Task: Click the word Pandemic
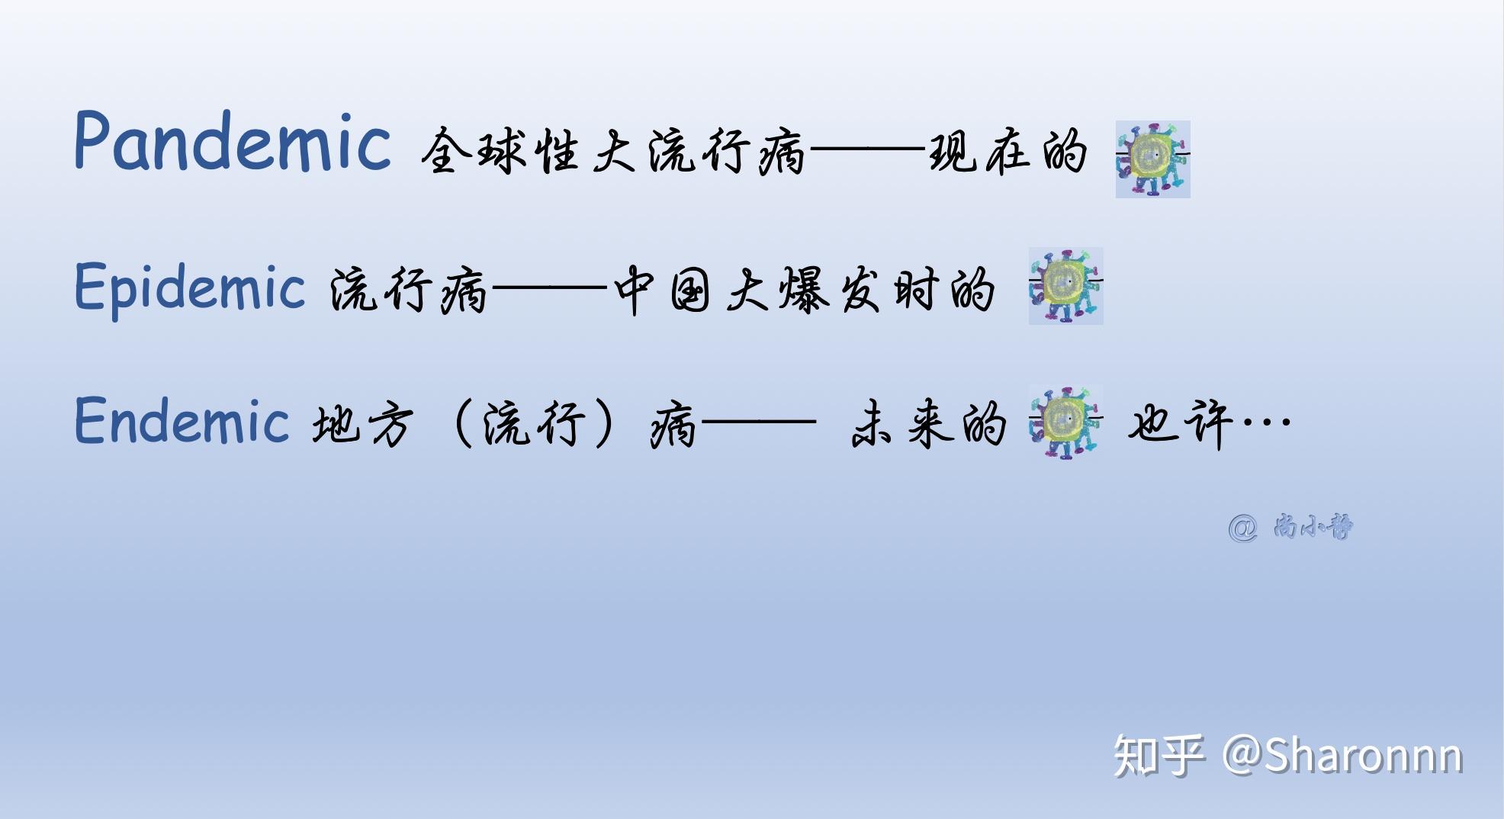pos(233,142)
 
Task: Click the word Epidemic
pos(190,288)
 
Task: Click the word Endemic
pos(182,421)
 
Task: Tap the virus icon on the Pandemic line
pos(1152,159)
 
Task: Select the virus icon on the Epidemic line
pos(1065,286)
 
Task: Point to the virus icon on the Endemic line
pos(1065,422)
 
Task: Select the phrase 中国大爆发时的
pos(805,290)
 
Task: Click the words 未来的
pos(928,423)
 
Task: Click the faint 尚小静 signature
pos(1312,527)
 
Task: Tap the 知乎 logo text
pos(1159,756)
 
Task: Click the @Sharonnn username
pos(1342,756)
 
